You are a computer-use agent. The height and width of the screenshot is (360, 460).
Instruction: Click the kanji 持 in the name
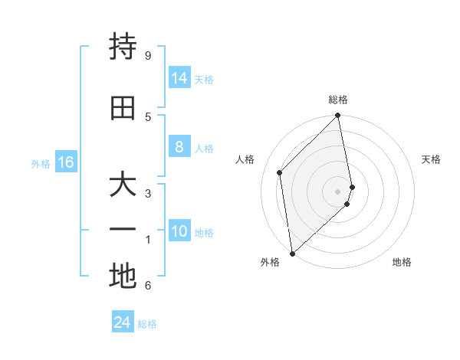pyautogui.click(x=123, y=48)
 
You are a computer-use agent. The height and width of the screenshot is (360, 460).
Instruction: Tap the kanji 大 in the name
pyautogui.click(x=123, y=185)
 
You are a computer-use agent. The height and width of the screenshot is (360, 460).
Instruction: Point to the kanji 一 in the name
pyautogui.click(x=123, y=229)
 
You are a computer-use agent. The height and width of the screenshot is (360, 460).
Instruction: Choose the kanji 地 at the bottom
pyautogui.click(x=123, y=276)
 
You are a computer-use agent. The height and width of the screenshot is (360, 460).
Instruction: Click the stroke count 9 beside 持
pyautogui.click(x=147, y=56)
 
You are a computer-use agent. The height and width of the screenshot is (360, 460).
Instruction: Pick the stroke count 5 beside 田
pyautogui.click(x=147, y=116)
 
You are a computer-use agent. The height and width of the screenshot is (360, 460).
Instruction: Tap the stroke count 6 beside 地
pyautogui.click(x=147, y=286)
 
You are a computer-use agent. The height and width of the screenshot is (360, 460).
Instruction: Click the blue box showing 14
pyautogui.click(x=179, y=78)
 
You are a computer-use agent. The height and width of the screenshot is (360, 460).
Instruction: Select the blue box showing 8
pyautogui.click(x=179, y=147)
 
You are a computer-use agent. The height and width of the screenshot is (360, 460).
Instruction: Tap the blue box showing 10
pyautogui.click(x=179, y=231)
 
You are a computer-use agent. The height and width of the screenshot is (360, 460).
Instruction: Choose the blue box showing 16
pyautogui.click(x=65, y=162)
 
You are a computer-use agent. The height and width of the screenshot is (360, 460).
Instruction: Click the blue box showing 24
pyautogui.click(x=122, y=322)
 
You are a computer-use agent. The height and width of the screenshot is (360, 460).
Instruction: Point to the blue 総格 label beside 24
pyautogui.click(x=147, y=324)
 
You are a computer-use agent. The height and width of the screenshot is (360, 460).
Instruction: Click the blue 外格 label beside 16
pyautogui.click(x=40, y=163)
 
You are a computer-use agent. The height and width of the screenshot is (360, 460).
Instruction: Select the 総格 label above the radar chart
pyautogui.click(x=338, y=100)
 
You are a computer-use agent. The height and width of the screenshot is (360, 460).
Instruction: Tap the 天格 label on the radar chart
pyautogui.click(x=431, y=159)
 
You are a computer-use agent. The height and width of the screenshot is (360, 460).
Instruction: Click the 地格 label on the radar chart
pyautogui.click(x=402, y=262)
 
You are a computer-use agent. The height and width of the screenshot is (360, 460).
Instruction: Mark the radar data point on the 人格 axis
pyautogui.click(x=280, y=172)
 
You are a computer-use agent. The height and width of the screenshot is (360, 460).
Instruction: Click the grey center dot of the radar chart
pyautogui.click(x=338, y=191)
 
